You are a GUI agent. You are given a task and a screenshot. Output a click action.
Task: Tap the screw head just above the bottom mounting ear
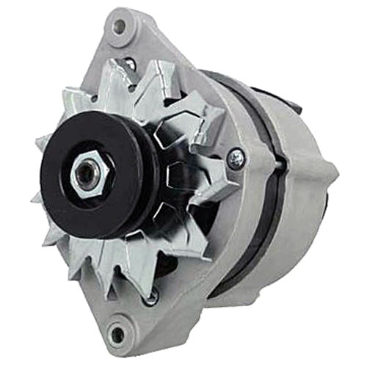[150, 297]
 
